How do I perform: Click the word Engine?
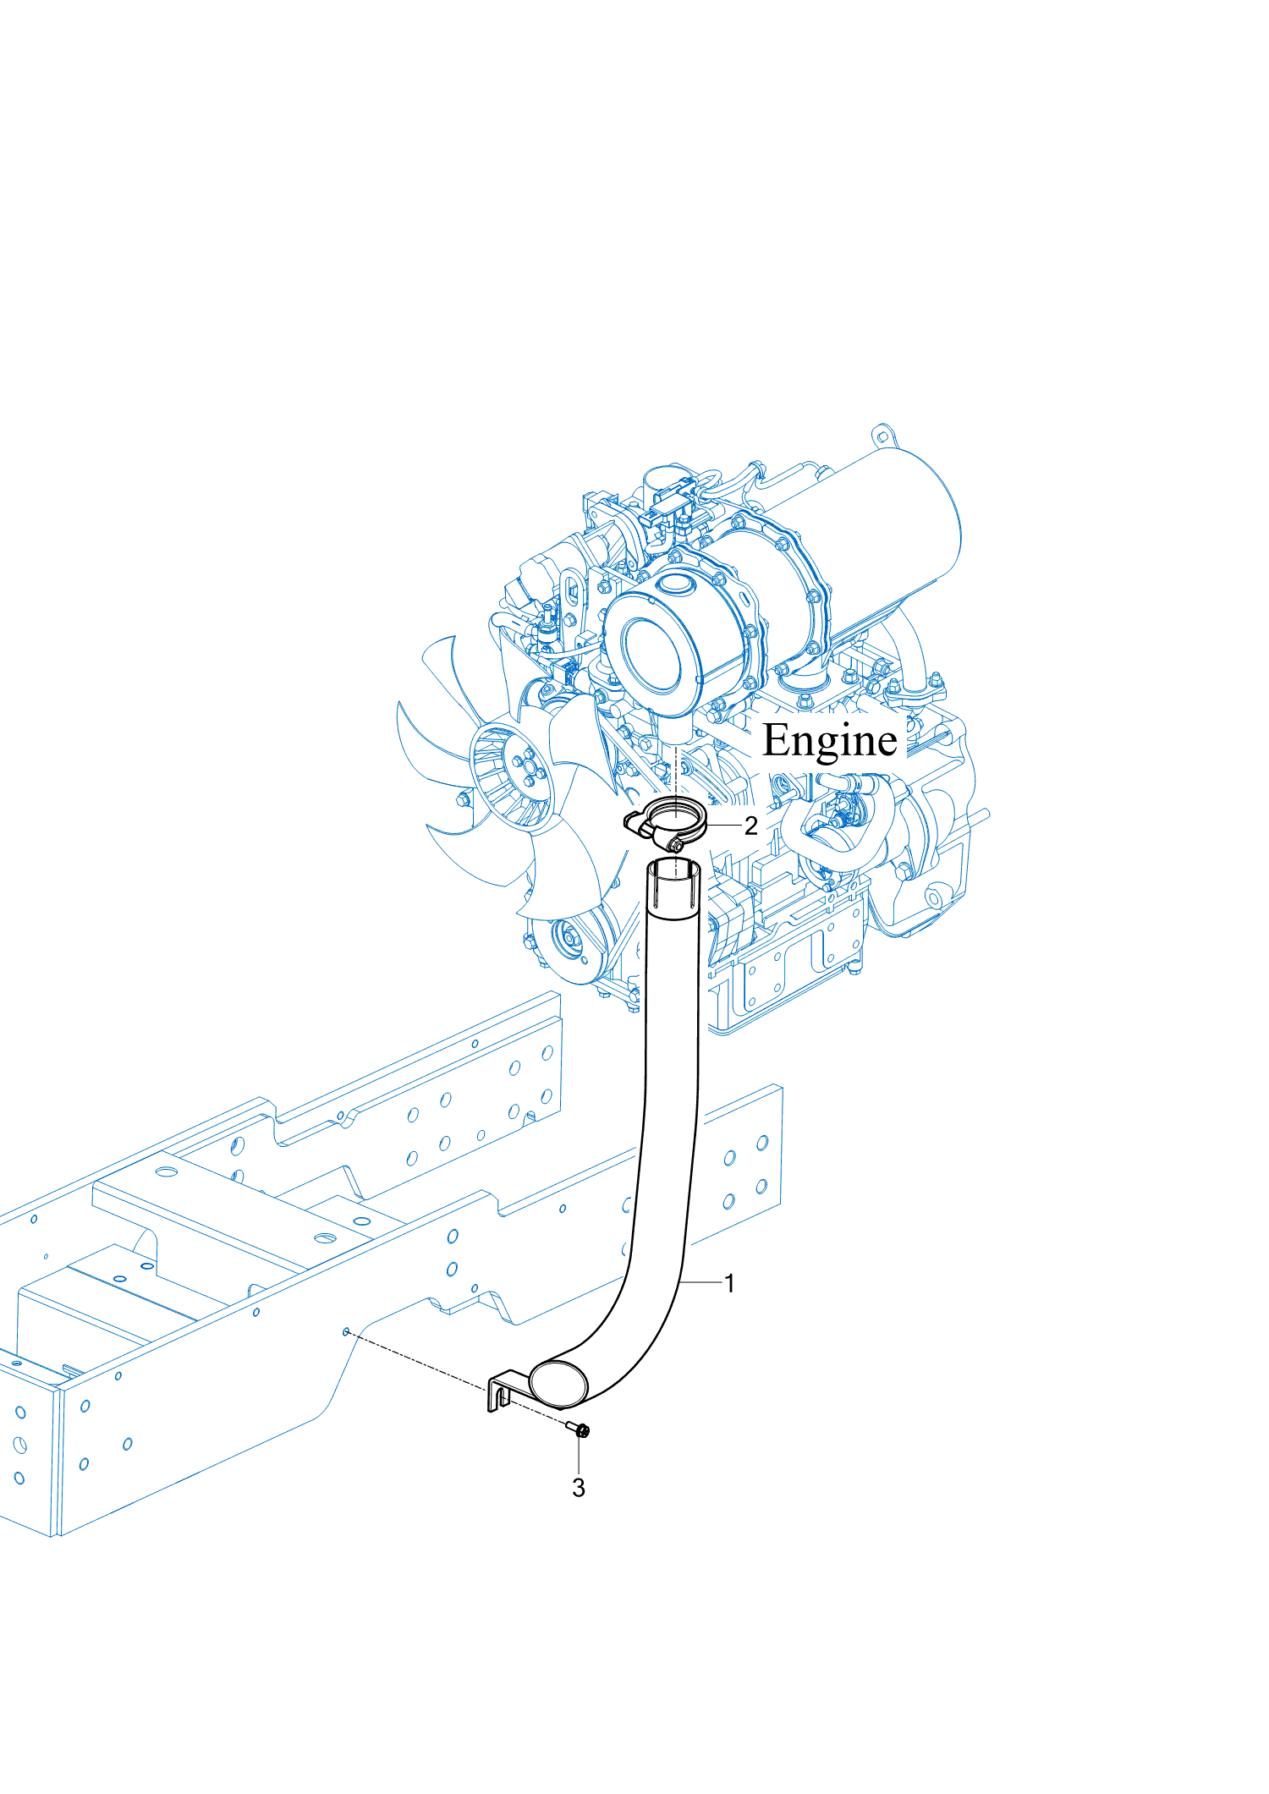(x=829, y=741)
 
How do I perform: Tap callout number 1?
(x=729, y=1283)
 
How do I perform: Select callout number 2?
(x=750, y=826)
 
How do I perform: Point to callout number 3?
(x=579, y=1487)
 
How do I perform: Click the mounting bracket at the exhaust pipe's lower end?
(x=500, y=1390)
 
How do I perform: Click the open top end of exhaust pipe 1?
(x=674, y=870)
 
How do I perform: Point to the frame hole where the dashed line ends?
(x=346, y=1332)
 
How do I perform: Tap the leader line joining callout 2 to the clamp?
(x=723, y=825)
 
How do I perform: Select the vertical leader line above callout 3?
(x=580, y=1455)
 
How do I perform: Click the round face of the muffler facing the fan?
(x=651, y=660)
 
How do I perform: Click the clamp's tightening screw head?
(x=675, y=843)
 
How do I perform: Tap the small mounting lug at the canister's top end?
(x=882, y=436)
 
